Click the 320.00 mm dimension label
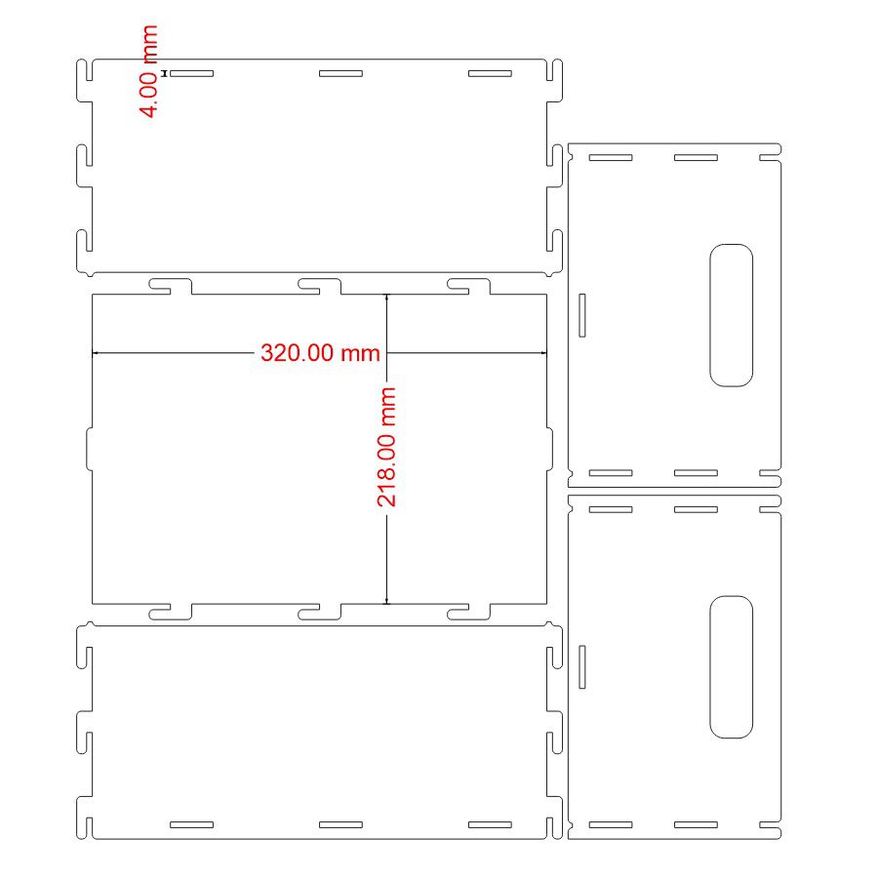(320, 353)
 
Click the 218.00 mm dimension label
(386, 447)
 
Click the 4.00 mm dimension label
(148, 71)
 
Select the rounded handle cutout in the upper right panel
(731, 315)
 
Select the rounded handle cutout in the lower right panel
(731, 667)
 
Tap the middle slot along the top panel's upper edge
(340, 73)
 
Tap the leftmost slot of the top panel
(191, 73)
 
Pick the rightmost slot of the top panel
(490, 73)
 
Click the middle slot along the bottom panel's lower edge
(340, 824)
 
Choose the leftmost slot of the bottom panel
(191, 824)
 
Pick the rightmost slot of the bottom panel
(490, 824)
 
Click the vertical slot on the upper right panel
(582, 315)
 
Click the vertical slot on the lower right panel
(582, 667)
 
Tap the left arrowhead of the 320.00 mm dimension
(95, 353)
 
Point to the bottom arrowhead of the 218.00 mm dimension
(386, 601)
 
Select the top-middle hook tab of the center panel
(320, 286)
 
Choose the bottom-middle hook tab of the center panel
(320, 612)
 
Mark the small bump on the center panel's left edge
(89, 449)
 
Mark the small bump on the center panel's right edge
(550, 449)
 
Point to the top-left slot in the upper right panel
(611, 158)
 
